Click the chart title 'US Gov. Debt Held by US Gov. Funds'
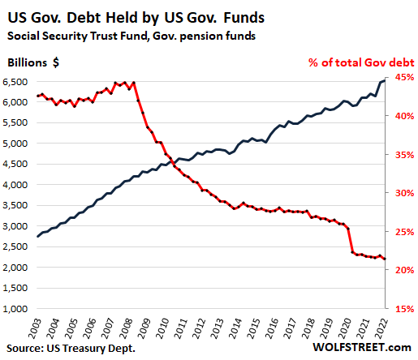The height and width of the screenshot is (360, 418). click(x=136, y=19)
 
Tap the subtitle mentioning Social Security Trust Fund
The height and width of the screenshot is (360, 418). click(x=131, y=36)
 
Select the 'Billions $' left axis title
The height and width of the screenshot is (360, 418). click(x=33, y=62)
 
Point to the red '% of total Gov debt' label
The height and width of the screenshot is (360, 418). click(x=361, y=62)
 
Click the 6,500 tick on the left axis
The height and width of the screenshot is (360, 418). click(x=15, y=82)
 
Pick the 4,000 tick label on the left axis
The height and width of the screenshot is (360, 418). click(x=15, y=185)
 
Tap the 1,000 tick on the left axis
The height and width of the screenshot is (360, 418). click(x=15, y=309)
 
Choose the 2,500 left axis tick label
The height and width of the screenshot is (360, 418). click(x=15, y=246)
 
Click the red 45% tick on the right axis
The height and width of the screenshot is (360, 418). click(x=405, y=77)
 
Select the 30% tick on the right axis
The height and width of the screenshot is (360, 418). click(x=405, y=193)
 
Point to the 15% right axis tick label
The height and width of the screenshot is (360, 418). click(x=405, y=309)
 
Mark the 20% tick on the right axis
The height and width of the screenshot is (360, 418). click(x=405, y=270)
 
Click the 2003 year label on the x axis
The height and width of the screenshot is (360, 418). click(x=35, y=328)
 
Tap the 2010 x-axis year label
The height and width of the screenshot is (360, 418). click(x=163, y=328)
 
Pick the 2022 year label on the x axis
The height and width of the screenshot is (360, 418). click(x=382, y=328)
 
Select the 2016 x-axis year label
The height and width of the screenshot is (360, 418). click(x=273, y=328)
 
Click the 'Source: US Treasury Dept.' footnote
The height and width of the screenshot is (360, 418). click(x=71, y=349)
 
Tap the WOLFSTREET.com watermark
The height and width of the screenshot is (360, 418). click(x=362, y=348)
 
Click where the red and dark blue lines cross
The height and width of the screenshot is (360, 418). click(x=171, y=161)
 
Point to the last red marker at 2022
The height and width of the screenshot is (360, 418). click(x=385, y=259)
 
